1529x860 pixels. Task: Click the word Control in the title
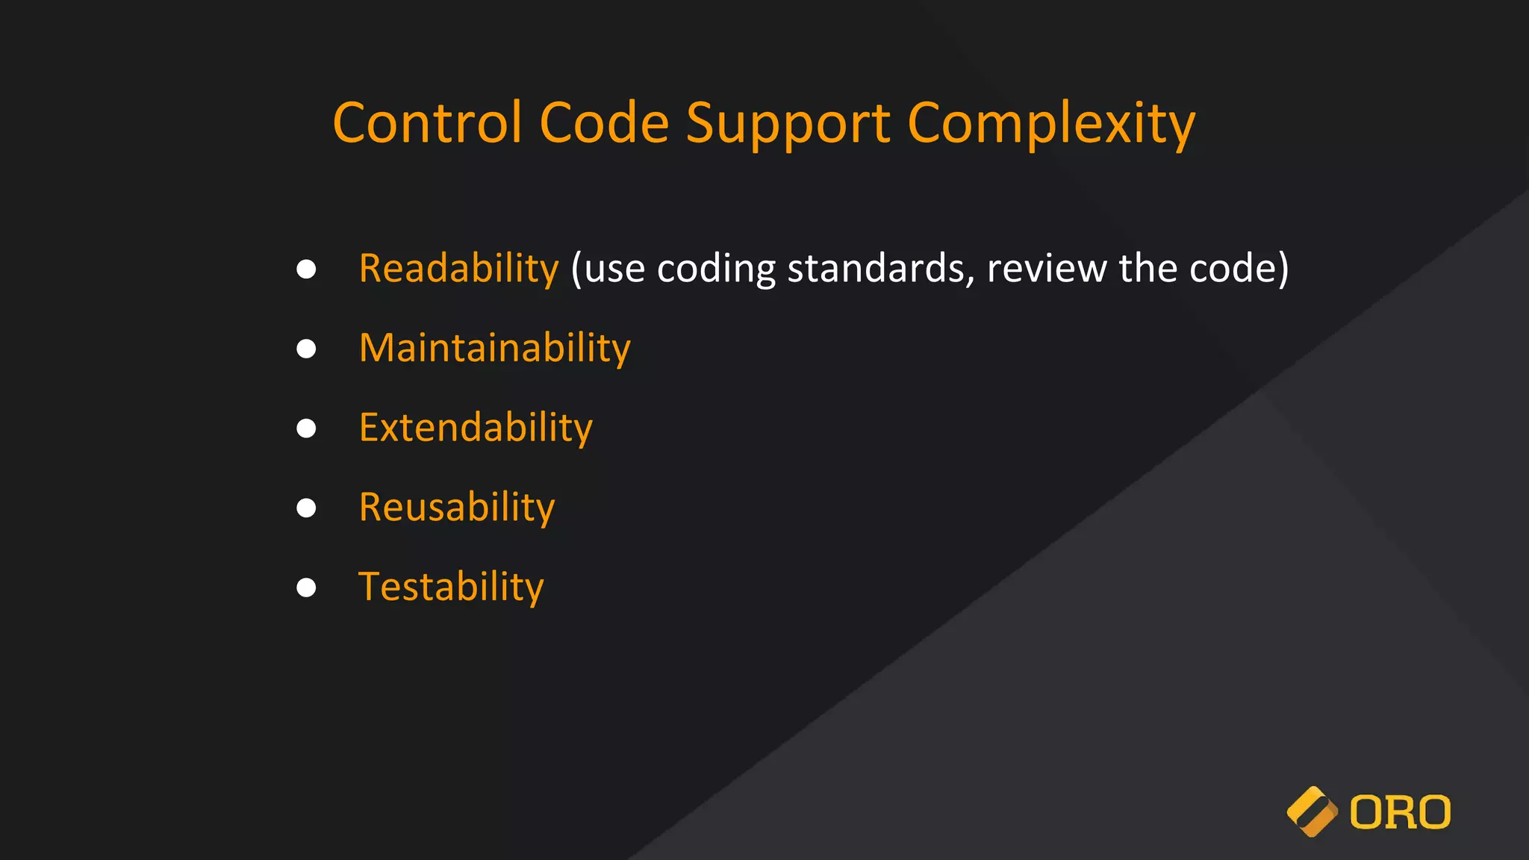pyautogui.click(x=426, y=122)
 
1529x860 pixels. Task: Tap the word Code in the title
pyautogui.click(x=604, y=122)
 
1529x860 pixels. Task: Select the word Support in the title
pyautogui.click(x=788, y=124)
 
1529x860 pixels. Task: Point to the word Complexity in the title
pyautogui.click(x=1051, y=124)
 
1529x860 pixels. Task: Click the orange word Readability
pyautogui.click(x=458, y=268)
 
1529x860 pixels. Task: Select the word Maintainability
pyautogui.click(x=495, y=348)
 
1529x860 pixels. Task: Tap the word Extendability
pyautogui.click(x=476, y=428)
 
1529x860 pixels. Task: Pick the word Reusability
pyautogui.click(x=457, y=508)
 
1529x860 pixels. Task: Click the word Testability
pyautogui.click(x=451, y=587)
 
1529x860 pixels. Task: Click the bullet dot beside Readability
pyautogui.click(x=306, y=269)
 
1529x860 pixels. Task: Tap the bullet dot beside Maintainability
pyautogui.click(x=306, y=349)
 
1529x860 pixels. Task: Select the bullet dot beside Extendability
pyautogui.click(x=306, y=428)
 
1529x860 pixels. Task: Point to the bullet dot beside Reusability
pyautogui.click(x=306, y=508)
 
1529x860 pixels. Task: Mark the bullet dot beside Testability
pyautogui.click(x=306, y=588)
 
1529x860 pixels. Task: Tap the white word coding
pyautogui.click(x=716, y=269)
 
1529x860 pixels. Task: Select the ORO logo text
pyautogui.click(x=1400, y=812)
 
